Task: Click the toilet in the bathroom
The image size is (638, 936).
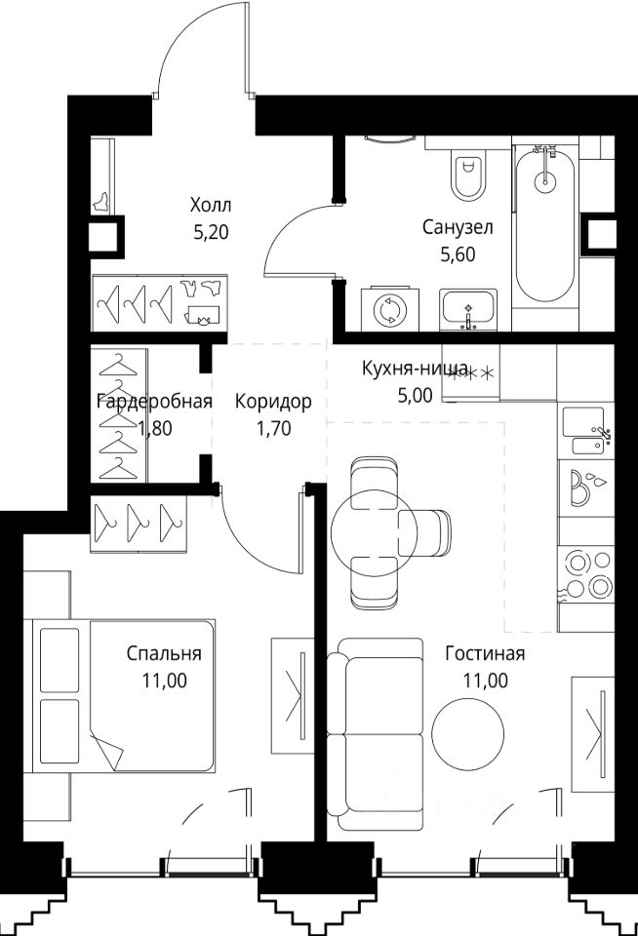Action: coord(467,175)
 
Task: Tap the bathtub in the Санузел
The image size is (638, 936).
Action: coord(544,224)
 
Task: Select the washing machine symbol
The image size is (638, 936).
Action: coord(389,308)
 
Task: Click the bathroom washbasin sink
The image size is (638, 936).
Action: coord(468,309)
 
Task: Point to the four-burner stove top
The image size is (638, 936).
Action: coord(586,575)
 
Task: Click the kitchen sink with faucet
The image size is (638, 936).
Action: coord(586,432)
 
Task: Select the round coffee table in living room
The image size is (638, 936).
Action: coord(467,732)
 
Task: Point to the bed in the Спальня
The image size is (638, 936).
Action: coord(119,696)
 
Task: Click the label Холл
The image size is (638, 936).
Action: coord(211,206)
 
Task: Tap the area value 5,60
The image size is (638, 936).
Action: coord(458,254)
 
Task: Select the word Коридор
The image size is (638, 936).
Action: coord(273,402)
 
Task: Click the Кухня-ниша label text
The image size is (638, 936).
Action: coord(415,369)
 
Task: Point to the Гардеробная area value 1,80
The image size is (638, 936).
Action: coord(155,428)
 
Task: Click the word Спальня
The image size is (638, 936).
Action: coord(164,653)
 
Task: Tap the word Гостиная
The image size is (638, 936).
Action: coord(485,653)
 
